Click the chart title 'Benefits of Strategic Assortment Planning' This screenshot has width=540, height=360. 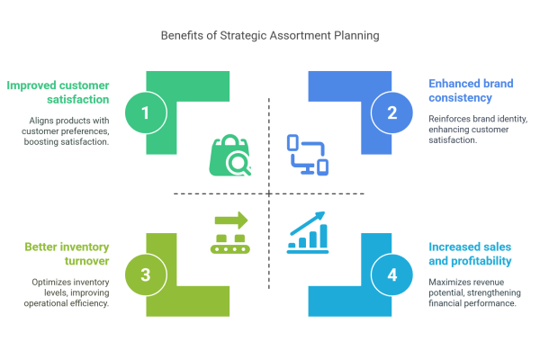click(x=270, y=35)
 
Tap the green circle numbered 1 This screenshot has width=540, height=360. click(x=146, y=112)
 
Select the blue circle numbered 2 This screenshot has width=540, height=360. click(x=391, y=112)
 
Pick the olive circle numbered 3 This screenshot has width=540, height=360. click(x=146, y=274)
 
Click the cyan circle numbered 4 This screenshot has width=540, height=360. click(x=391, y=274)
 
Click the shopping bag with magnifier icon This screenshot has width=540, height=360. click(x=230, y=155)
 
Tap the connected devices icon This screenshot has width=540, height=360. click(x=308, y=155)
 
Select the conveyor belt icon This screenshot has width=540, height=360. click(x=230, y=233)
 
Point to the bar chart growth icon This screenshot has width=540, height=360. click(x=308, y=232)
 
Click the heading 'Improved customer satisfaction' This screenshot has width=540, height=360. click(x=58, y=93)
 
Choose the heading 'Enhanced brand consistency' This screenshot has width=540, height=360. click(x=471, y=91)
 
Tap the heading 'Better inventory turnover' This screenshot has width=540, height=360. click(x=67, y=254)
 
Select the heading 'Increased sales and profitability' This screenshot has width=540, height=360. click(x=470, y=254)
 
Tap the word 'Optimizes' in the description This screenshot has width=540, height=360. click(x=50, y=282)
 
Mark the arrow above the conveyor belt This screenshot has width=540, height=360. click(x=231, y=220)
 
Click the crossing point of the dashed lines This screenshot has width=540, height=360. click(x=269, y=194)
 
